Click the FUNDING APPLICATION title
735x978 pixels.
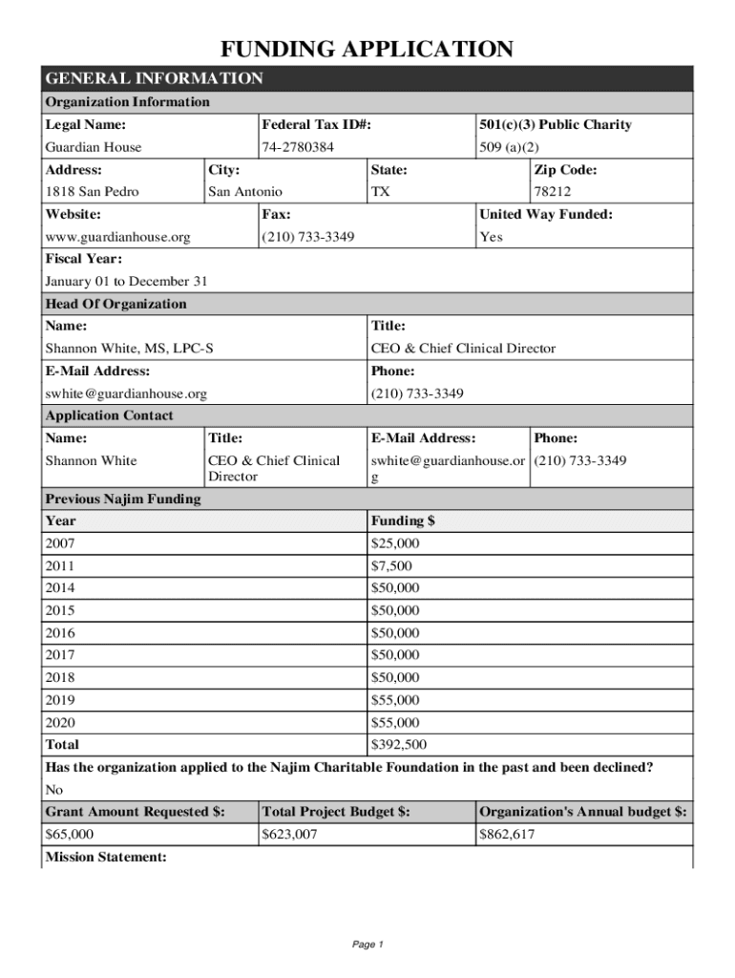tap(367, 50)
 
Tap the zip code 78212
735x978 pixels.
tap(552, 192)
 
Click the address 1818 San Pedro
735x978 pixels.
tap(92, 192)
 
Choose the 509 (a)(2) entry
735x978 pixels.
tap(510, 147)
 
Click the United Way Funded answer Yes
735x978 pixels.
tap(491, 237)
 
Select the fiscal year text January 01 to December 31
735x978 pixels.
tap(126, 282)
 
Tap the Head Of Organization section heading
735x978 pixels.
tap(116, 304)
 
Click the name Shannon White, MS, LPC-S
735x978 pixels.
tap(130, 349)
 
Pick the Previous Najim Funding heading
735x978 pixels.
tap(123, 499)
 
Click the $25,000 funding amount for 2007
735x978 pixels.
tap(394, 543)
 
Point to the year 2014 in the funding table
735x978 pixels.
tap(60, 588)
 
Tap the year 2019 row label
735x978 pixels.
tap(60, 700)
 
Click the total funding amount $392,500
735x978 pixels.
tap(398, 745)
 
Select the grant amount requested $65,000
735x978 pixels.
tap(70, 835)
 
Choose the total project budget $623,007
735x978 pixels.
tap(289, 835)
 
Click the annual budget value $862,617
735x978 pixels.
tap(507, 835)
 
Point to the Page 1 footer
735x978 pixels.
tap(367, 945)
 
